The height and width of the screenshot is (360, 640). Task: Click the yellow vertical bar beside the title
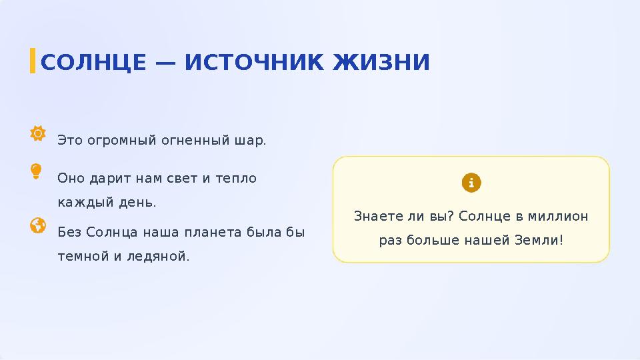(x=33, y=61)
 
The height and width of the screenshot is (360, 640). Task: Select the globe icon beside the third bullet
(x=38, y=226)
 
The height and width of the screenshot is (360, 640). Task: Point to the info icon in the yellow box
(x=471, y=183)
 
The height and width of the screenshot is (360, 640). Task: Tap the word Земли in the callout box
(x=539, y=239)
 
